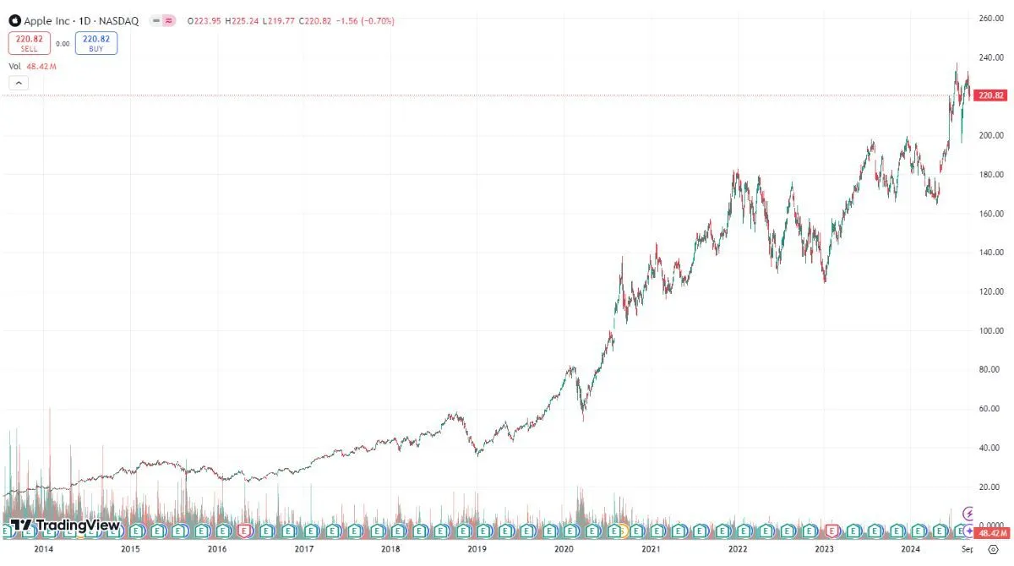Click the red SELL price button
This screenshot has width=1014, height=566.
pyautogui.click(x=30, y=43)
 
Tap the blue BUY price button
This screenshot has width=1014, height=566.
pyautogui.click(x=95, y=43)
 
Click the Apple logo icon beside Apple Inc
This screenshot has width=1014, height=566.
pyautogui.click(x=14, y=19)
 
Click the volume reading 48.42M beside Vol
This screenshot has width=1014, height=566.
pyautogui.click(x=41, y=66)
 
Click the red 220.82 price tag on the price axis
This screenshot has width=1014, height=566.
pyautogui.click(x=990, y=95)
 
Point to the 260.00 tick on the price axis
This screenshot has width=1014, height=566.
pyautogui.click(x=990, y=18)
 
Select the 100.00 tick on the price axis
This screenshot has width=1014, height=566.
pyautogui.click(x=990, y=330)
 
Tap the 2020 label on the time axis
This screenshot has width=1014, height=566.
pyautogui.click(x=564, y=549)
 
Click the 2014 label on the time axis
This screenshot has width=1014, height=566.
pyautogui.click(x=43, y=549)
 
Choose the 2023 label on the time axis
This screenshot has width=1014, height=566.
pyautogui.click(x=824, y=549)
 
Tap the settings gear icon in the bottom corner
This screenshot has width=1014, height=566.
pyautogui.click(x=993, y=549)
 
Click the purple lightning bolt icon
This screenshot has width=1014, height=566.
pyautogui.click(x=968, y=513)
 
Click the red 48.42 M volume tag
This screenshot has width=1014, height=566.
pyautogui.click(x=990, y=533)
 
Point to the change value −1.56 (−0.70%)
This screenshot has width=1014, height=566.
pyautogui.click(x=359, y=19)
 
